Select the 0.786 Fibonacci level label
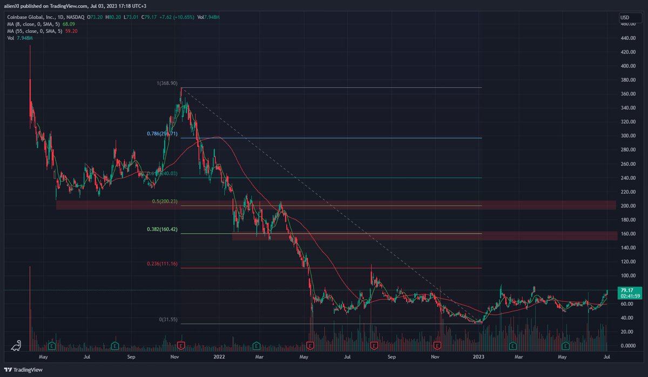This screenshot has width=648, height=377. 162,133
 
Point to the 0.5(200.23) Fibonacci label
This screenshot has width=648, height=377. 164,201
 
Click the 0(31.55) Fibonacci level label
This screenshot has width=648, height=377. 168,320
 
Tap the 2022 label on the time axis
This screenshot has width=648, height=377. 219,357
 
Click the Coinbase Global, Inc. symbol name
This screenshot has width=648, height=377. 32,17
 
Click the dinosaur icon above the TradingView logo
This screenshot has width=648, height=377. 17,346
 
